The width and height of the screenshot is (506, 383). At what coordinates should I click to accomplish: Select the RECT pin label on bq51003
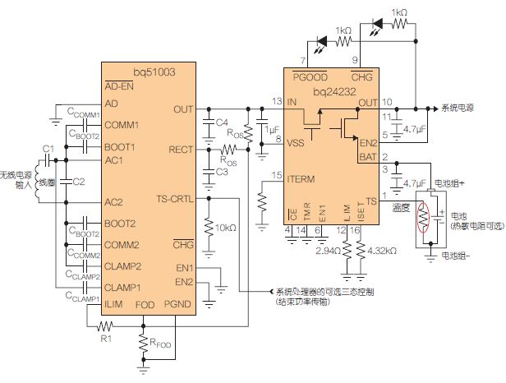click(181, 150)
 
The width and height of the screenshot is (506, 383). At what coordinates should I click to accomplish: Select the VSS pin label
click(295, 141)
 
